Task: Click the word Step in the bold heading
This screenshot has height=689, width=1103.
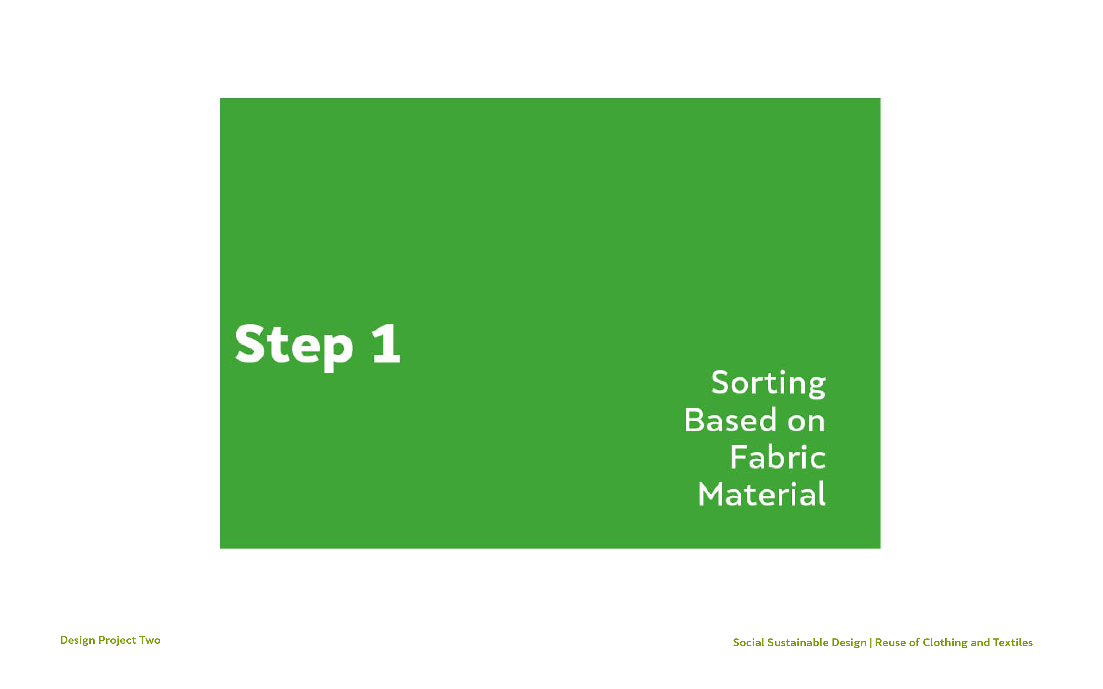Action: coord(294,346)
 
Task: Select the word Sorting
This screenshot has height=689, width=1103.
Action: coord(768,384)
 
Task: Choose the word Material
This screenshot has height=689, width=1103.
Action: coord(762,494)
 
